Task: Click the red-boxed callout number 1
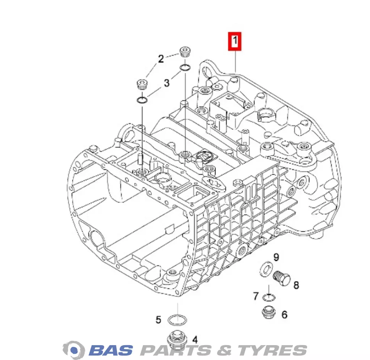[x=235, y=41]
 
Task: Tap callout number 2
[x=161, y=59]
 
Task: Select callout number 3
[x=167, y=83]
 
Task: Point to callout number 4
[x=195, y=340]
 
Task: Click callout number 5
[x=158, y=320]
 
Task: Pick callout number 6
[x=285, y=315]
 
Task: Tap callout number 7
[x=256, y=296]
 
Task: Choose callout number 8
[x=296, y=285]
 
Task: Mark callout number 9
[x=276, y=257]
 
